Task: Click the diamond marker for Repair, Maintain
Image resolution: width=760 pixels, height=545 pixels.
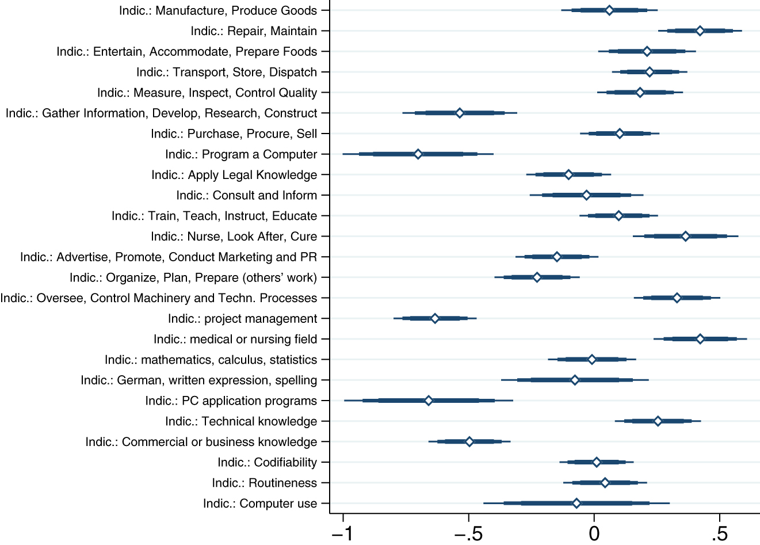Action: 700,31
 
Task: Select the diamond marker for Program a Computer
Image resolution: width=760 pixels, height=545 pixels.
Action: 418,154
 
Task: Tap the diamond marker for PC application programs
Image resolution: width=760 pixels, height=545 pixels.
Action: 429,401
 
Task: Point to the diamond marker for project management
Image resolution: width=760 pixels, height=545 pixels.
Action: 435,319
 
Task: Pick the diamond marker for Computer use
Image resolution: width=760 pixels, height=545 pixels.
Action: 576,504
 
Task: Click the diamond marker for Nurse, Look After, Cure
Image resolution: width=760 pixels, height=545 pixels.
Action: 685,237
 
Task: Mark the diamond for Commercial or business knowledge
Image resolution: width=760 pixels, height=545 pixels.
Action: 469,442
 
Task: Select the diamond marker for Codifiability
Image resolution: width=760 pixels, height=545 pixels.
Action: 597,462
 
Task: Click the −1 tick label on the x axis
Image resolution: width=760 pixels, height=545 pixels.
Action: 343,533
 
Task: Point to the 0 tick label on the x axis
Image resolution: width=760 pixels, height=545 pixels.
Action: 594,533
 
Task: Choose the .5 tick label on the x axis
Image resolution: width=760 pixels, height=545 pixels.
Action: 719,533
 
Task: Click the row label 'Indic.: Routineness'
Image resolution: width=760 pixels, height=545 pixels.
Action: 264,483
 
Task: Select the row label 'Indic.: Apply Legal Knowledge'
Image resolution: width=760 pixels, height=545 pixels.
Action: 234,175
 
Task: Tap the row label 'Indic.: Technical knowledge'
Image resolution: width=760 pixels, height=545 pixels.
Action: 241,421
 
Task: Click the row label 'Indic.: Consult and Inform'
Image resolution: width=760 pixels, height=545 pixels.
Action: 246,195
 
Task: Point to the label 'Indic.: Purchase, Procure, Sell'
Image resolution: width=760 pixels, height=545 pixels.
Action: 234,134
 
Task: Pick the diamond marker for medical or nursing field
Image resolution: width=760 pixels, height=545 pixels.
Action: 700,339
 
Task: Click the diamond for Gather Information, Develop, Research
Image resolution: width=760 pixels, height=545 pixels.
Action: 460,113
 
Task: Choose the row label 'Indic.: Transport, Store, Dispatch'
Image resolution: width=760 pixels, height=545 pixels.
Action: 227,72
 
